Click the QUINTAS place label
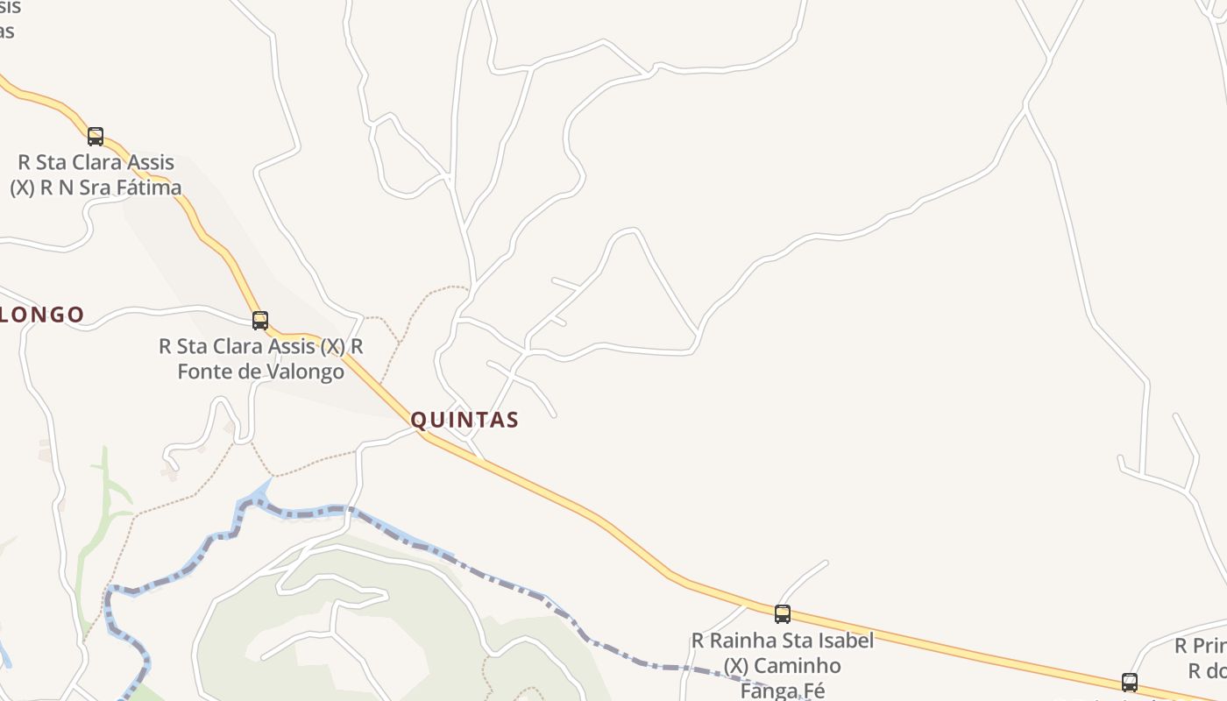(x=465, y=421)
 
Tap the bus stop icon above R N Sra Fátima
(x=96, y=137)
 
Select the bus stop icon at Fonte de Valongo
(x=260, y=321)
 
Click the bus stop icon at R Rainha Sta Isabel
(x=783, y=614)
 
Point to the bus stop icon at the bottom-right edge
(x=1130, y=683)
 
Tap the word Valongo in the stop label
(x=301, y=372)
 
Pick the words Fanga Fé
(x=783, y=690)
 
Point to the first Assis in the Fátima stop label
(x=150, y=163)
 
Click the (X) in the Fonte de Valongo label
(x=332, y=347)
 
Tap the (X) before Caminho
(x=736, y=667)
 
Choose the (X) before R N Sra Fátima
(x=23, y=188)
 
